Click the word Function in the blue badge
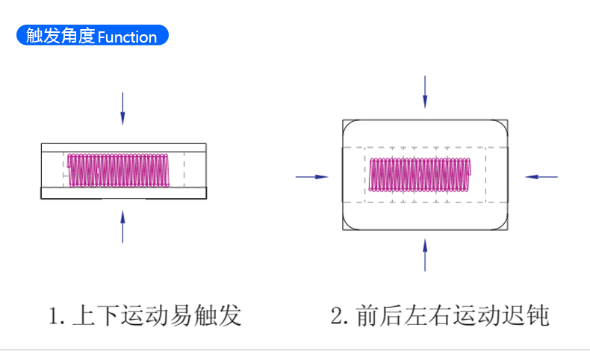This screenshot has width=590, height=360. coord(127,37)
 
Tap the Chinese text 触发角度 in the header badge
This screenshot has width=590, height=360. coord(60,36)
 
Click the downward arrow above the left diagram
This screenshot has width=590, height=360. coord(122,108)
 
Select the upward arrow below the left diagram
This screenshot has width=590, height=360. coord(122,226)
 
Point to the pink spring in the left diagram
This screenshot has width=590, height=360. coord(120,170)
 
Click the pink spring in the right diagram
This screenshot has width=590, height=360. coord(420,176)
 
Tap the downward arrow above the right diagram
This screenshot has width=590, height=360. coord(425,92)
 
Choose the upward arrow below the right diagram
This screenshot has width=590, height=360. coord(425,255)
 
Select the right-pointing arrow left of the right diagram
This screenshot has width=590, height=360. coord(312,176)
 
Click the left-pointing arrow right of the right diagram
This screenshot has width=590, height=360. coord(541,176)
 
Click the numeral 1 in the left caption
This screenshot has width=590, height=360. coord(53,316)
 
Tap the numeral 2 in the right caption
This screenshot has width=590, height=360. coord(337,316)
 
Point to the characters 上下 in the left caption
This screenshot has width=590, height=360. coord(96,315)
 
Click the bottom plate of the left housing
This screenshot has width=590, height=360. coord(123,193)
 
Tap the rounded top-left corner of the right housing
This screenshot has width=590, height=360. coord(350,126)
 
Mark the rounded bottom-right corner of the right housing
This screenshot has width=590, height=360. coord(503,225)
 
